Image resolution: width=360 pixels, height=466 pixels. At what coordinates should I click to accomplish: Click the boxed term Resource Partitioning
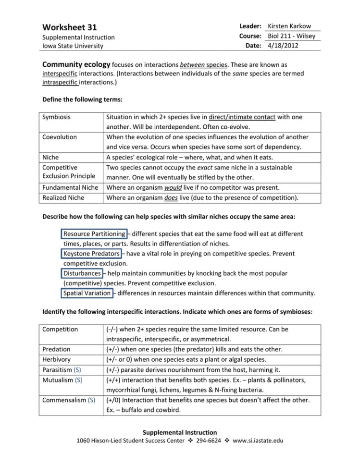(95, 233)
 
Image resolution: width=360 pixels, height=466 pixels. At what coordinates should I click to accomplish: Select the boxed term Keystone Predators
(91, 253)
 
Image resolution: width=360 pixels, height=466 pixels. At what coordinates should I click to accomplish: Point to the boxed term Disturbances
(82, 273)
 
